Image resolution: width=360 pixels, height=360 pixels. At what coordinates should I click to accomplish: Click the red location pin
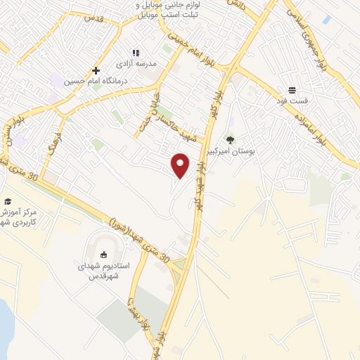click(x=181, y=165)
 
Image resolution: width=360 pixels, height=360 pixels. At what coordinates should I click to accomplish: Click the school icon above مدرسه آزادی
click(x=136, y=53)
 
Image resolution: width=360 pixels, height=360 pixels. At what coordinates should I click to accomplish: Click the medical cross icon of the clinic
click(x=96, y=70)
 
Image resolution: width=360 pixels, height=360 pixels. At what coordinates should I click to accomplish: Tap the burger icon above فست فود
click(x=292, y=90)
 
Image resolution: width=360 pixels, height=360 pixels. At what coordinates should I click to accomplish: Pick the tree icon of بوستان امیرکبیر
click(x=229, y=140)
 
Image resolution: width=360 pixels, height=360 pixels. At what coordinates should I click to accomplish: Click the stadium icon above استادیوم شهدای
click(x=105, y=256)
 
